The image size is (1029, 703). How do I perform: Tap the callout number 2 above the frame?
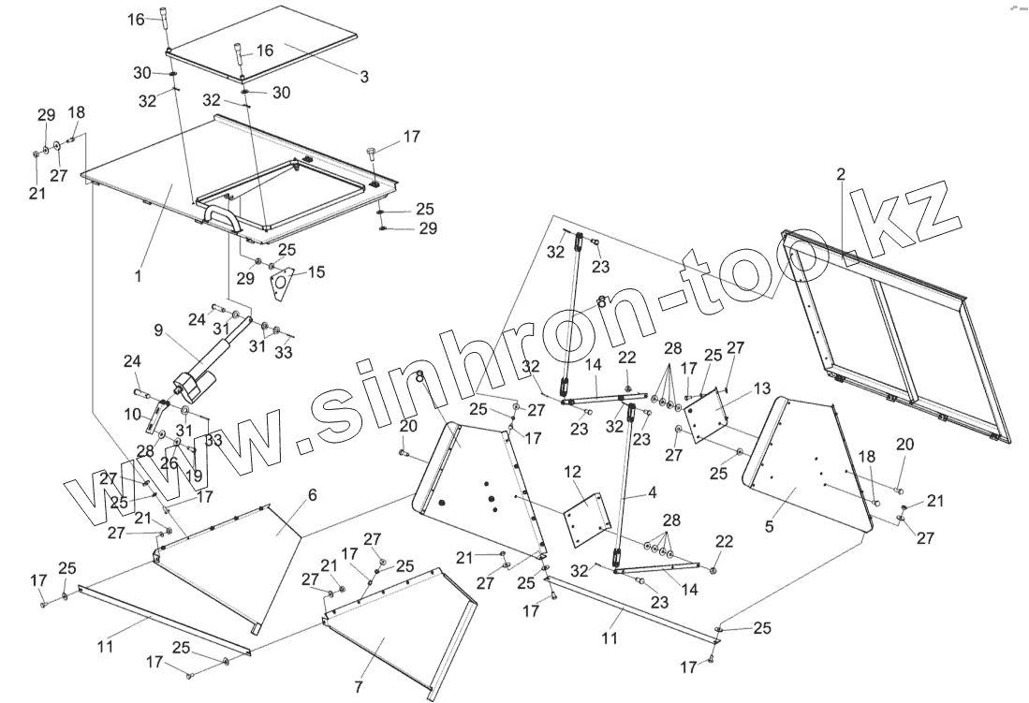(841, 174)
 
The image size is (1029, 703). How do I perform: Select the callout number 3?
(364, 77)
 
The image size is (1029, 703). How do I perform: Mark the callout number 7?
(358, 687)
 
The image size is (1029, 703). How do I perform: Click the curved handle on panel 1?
(221, 218)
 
